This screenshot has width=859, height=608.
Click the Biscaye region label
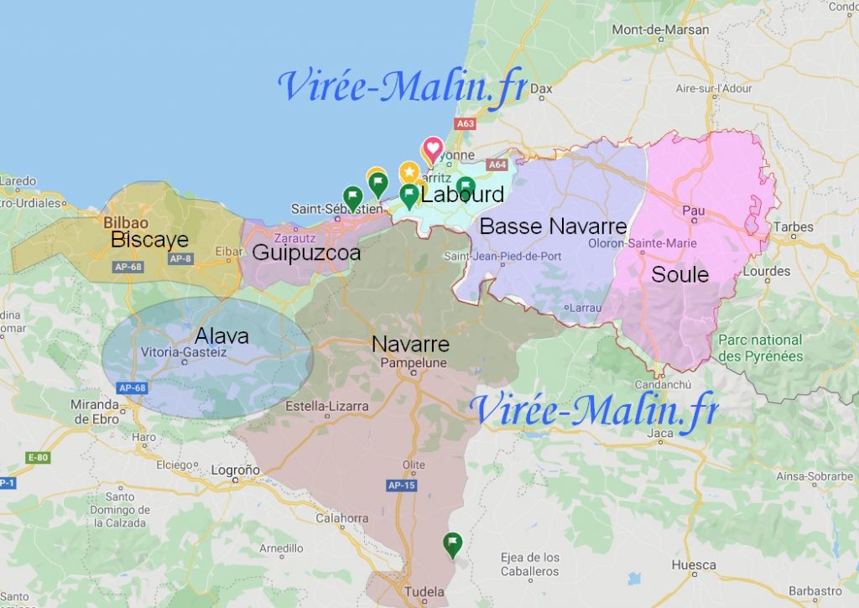[149, 241]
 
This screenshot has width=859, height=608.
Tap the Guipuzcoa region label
[306, 252]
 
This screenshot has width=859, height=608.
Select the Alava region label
[221, 336]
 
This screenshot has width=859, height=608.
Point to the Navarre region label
[410, 345]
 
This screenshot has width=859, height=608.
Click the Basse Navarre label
[553, 226]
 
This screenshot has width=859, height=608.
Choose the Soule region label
[679, 274]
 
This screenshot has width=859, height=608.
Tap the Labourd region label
[462, 195]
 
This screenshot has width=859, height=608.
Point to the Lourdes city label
[766, 271]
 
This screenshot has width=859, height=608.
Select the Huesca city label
[693, 565]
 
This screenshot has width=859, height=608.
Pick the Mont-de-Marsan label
[660, 30]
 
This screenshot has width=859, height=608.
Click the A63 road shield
[465, 123]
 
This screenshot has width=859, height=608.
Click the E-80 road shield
[38, 457]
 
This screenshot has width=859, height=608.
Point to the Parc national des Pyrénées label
[760, 348]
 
